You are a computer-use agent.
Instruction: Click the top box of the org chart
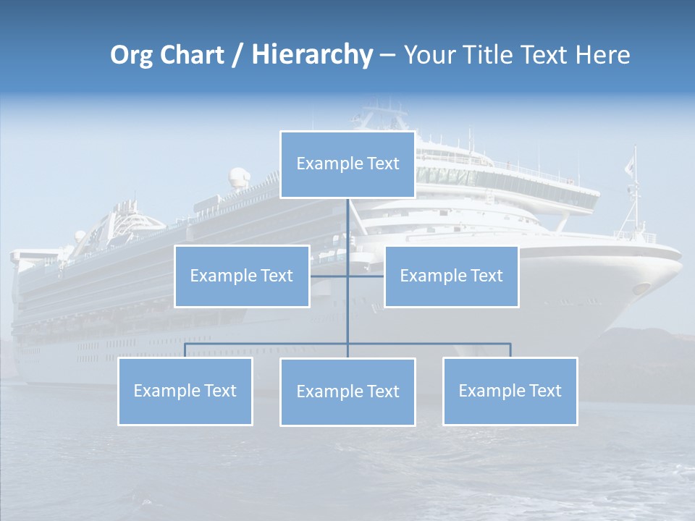(347, 164)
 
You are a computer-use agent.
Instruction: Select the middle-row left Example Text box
(242, 276)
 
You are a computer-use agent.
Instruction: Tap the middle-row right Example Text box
(451, 276)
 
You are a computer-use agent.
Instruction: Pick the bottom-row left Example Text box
(185, 391)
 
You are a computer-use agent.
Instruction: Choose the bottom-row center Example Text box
(347, 391)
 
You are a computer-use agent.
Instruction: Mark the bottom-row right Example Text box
(510, 391)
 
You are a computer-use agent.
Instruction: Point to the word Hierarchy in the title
(311, 55)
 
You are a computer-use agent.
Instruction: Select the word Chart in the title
(190, 55)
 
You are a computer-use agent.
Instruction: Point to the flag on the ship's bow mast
(630, 166)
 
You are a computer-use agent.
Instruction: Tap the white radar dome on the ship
(238, 177)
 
